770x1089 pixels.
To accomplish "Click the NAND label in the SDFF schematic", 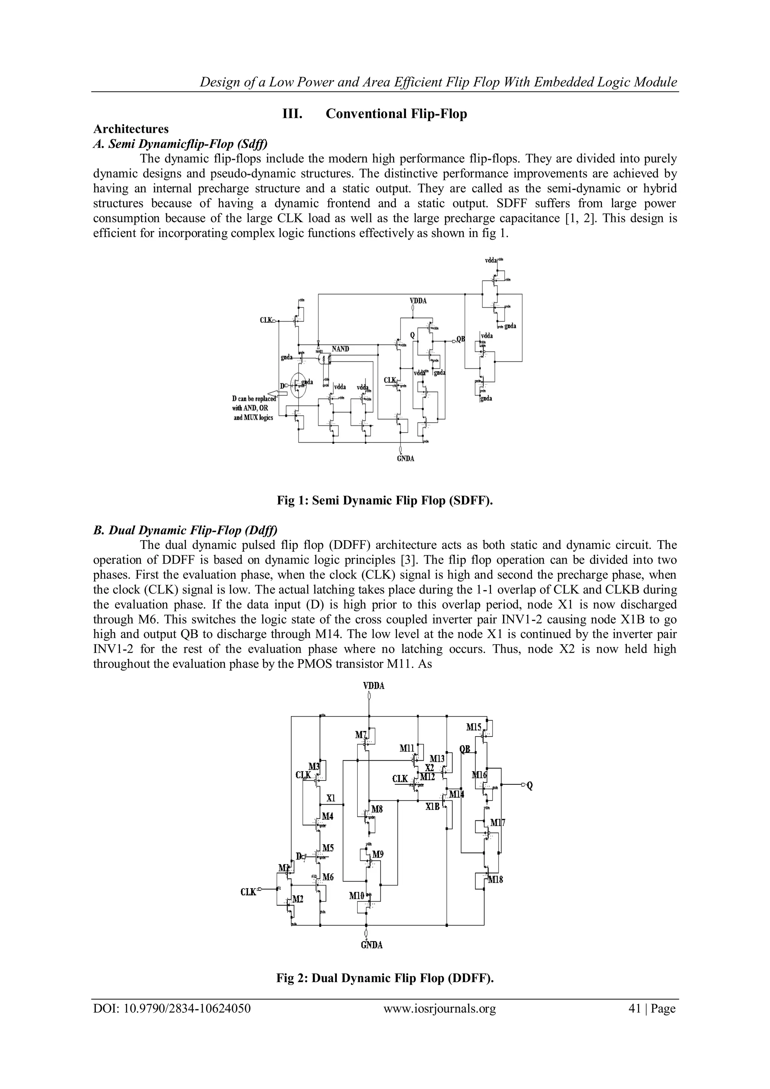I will click(x=340, y=349).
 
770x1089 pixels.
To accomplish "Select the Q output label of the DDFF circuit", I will click(x=530, y=786).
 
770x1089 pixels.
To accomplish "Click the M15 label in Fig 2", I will click(x=474, y=727).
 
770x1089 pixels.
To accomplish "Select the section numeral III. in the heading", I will click(x=293, y=114).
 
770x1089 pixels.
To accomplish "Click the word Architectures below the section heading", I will click(x=131, y=129).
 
